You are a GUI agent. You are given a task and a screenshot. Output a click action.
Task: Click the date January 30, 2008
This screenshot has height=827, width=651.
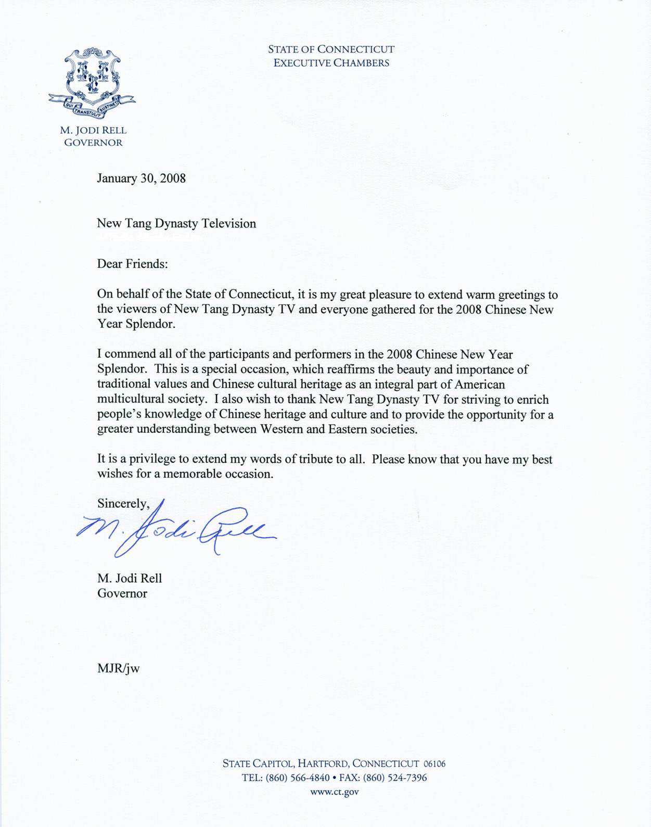(141, 179)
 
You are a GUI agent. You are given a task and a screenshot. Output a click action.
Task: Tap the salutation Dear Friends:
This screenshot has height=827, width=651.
(132, 264)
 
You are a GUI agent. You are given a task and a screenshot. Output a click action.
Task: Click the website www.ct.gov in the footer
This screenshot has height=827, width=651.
(334, 792)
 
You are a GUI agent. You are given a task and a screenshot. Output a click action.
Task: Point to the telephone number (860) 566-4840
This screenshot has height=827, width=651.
(298, 778)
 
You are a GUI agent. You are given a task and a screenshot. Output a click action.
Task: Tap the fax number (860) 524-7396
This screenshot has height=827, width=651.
(395, 778)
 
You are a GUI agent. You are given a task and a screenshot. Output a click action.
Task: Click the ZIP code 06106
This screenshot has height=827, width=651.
(435, 764)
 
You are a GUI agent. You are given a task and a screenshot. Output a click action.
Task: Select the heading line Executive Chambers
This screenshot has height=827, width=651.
(331, 63)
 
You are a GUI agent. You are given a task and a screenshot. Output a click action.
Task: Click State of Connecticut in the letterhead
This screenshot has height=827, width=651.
(331, 49)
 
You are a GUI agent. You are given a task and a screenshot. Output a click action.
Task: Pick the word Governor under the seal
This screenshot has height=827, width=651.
(94, 143)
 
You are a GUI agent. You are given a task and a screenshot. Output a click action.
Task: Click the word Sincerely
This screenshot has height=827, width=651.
(123, 504)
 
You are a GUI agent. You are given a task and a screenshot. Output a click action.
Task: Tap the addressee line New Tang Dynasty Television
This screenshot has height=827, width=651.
(176, 224)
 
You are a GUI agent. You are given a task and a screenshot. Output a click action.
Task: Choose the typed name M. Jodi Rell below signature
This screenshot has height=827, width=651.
(130, 578)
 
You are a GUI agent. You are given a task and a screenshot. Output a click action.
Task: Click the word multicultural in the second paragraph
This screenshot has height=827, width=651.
(129, 400)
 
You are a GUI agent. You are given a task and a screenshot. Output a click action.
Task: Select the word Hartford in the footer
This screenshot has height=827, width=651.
(323, 764)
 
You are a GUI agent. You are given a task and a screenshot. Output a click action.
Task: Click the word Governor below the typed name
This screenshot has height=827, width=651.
(122, 593)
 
